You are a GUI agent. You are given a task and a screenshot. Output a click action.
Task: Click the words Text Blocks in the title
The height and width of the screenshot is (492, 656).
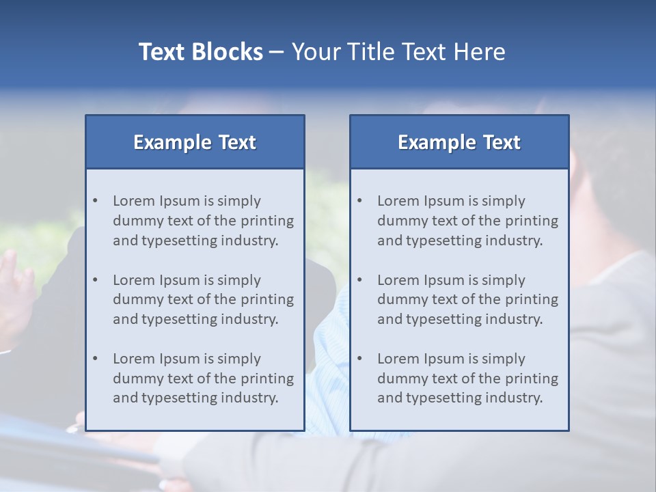tap(200, 52)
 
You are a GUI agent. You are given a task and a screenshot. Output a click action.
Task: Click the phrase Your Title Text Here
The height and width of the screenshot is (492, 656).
tap(398, 52)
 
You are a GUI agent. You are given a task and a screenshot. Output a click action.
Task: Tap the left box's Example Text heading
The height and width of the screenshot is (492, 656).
tap(195, 142)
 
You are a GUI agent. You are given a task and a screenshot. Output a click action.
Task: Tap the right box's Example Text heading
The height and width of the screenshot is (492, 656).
tap(459, 142)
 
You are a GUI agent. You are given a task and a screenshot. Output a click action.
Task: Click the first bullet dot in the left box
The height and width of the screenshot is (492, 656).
tap(95, 201)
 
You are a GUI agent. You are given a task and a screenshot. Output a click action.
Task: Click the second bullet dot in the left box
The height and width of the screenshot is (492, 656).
tap(95, 280)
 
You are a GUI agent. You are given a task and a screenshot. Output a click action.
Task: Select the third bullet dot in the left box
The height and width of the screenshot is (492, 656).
tap(95, 359)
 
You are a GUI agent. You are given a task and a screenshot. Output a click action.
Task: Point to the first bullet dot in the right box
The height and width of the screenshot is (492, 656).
tap(359, 201)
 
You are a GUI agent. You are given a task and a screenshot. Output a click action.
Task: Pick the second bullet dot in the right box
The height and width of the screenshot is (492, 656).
tap(359, 280)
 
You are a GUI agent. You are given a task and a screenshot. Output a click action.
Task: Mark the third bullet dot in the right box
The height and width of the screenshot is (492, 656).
tap(359, 359)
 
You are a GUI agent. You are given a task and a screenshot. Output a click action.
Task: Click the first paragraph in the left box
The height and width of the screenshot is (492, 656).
tap(203, 221)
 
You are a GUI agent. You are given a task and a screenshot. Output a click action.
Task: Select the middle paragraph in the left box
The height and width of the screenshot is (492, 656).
tap(203, 299)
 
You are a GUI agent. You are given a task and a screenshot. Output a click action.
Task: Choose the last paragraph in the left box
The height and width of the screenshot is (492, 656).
tap(203, 379)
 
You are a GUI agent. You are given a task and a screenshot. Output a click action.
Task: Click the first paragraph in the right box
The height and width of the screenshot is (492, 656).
tap(467, 221)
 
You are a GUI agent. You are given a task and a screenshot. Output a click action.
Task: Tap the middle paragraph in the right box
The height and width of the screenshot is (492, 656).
tap(467, 299)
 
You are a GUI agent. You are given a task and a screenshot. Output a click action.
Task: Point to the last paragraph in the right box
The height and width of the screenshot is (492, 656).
tap(467, 379)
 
